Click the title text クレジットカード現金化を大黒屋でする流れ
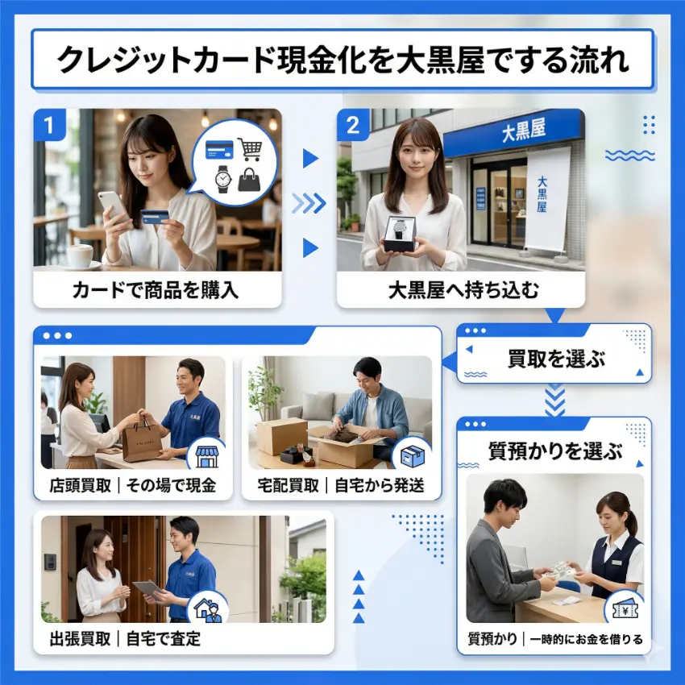point(342,60)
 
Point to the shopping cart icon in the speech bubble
point(251,149)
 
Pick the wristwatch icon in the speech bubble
point(221,178)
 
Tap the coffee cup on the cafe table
point(79,255)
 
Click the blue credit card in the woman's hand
point(155,216)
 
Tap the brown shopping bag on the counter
point(143,441)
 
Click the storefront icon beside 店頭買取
point(207,456)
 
